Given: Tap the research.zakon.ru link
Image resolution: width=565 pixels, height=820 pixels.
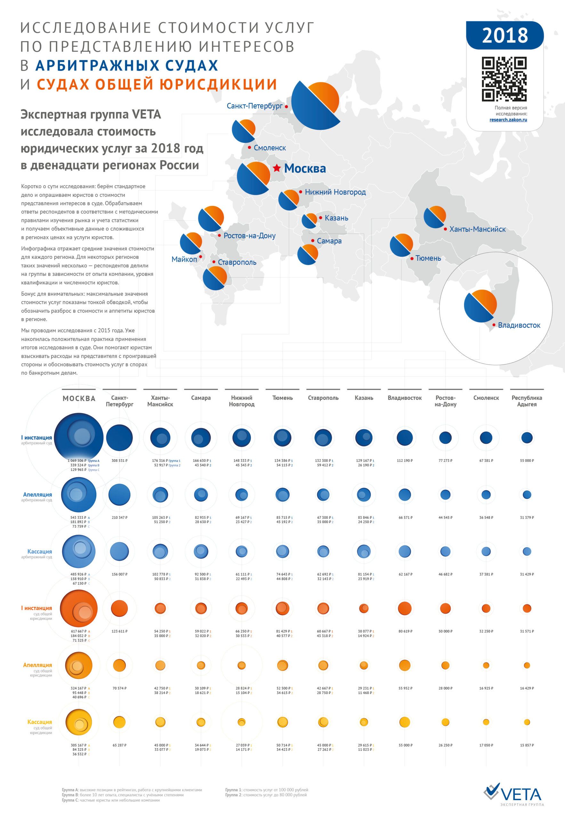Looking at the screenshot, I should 508,120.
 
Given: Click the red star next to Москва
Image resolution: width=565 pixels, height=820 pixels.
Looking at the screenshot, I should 277,168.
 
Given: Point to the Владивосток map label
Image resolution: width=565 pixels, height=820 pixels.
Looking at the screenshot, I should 519,325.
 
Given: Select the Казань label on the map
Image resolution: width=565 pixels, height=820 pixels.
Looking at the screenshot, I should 336,218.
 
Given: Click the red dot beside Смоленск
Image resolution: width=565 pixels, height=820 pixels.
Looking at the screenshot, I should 250,147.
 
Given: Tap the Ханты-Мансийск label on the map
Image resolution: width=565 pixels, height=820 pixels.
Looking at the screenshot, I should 478,229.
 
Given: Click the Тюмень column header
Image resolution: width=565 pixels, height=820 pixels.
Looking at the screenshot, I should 282,398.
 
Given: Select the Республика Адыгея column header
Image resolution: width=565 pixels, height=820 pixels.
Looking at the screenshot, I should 527,401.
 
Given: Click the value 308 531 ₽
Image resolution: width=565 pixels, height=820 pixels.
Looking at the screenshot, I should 119,461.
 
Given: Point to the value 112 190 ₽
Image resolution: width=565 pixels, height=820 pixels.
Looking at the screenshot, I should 405,461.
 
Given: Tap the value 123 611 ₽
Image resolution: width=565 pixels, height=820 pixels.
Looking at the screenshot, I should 119,631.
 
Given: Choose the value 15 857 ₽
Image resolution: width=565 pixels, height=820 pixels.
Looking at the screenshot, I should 527,745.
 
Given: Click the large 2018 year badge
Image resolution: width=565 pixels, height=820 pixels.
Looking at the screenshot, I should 505,36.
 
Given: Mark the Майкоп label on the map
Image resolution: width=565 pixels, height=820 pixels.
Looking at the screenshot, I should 184,259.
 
